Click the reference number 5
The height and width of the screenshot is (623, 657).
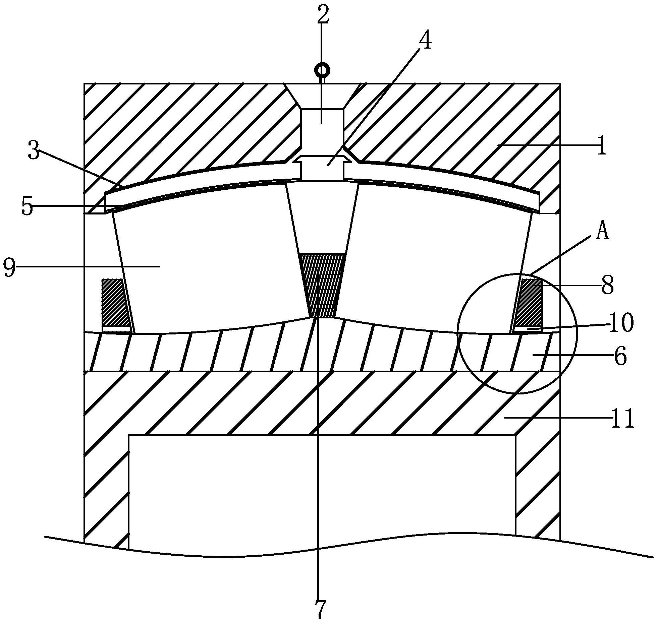(x=27, y=206)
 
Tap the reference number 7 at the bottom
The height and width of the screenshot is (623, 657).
(x=320, y=609)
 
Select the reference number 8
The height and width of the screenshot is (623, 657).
(x=607, y=285)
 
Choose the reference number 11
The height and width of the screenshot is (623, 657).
(x=622, y=419)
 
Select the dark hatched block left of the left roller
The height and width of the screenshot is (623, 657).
(x=116, y=303)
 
